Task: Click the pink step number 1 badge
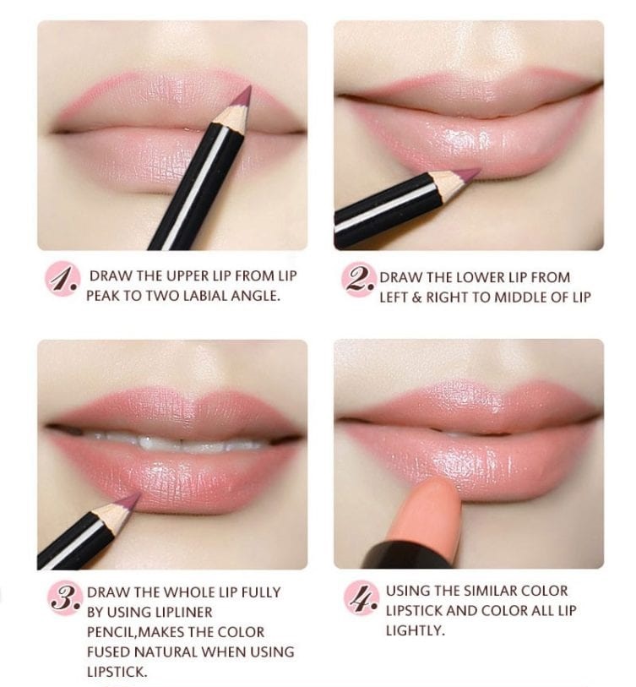pyautogui.click(x=63, y=279)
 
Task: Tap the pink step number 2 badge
pyautogui.click(x=358, y=280)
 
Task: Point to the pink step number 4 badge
pyautogui.click(x=361, y=598)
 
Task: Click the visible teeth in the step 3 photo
pyautogui.click(x=179, y=443)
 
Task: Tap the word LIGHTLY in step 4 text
pyautogui.click(x=415, y=630)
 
